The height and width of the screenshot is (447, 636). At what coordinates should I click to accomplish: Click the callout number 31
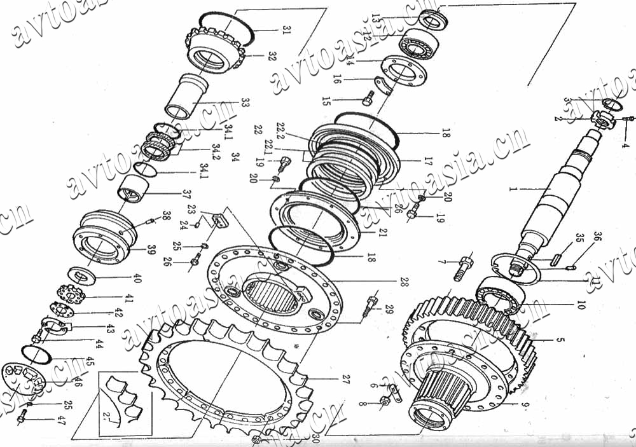coord(286,29)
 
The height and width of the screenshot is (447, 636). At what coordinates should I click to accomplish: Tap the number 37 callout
coord(186,193)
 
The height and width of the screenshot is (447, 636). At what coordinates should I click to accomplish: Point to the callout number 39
coord(151,250)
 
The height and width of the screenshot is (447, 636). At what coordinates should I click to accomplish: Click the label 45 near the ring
coord(89,361)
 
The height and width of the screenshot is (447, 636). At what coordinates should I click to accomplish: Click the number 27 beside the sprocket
coord(345,380)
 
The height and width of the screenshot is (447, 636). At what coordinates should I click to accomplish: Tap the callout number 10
coord(579,305)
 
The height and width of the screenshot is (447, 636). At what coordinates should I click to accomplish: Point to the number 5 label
coord(560,340)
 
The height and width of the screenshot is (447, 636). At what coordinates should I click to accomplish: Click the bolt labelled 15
coord(368,99)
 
